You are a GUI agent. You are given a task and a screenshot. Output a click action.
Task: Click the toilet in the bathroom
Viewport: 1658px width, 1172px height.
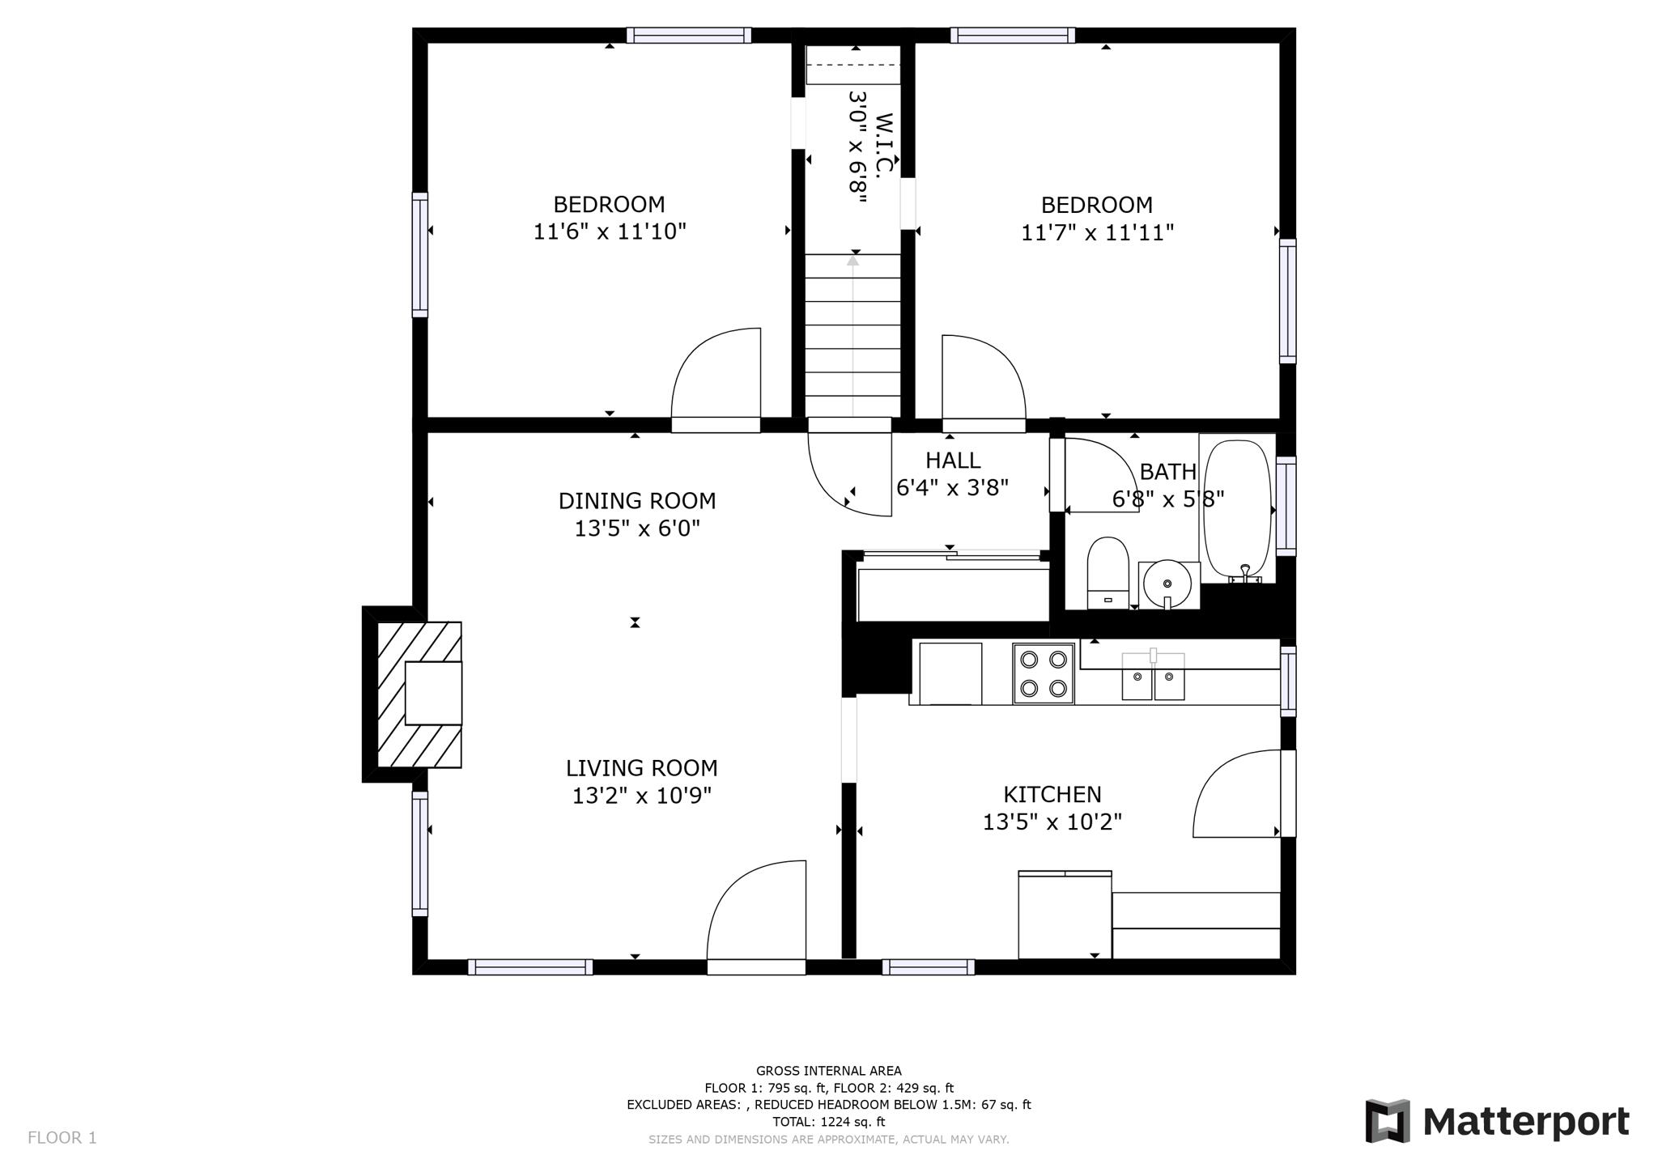pyautogui.click(x=1107, y=571)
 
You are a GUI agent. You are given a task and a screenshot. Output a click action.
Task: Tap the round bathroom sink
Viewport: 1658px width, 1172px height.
pyautogui.click(x=1167, y=584)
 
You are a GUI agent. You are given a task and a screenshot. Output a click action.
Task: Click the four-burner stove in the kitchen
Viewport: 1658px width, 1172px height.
pyautogui.click(x=1044, y=673)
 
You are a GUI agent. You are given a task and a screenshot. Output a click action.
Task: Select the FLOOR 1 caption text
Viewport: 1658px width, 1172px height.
pyautogui.click(x=62, y=1138)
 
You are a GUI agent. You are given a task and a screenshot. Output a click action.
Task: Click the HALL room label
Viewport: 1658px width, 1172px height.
pyautogui.click(x=953, y=461)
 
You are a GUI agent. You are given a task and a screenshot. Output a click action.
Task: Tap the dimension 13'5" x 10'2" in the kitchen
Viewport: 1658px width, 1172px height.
pyautogui.click(x=1052, y=822)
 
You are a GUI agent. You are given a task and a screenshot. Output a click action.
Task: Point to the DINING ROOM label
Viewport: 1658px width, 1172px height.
pyautogui.click(x=637, y=501)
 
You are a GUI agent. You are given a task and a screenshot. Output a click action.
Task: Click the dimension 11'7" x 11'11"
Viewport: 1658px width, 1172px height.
pyautogui.click(x=1097, y=233)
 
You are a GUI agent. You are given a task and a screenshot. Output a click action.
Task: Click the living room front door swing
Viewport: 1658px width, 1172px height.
pyautogui.click(x=757, y=911)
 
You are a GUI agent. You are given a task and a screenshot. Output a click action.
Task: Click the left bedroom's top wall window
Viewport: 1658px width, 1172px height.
pyautogui.click(x=688, y=36)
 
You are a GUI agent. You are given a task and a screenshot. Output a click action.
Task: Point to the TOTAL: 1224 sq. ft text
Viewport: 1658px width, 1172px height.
pyautogui.click(x=828, y=1122)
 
